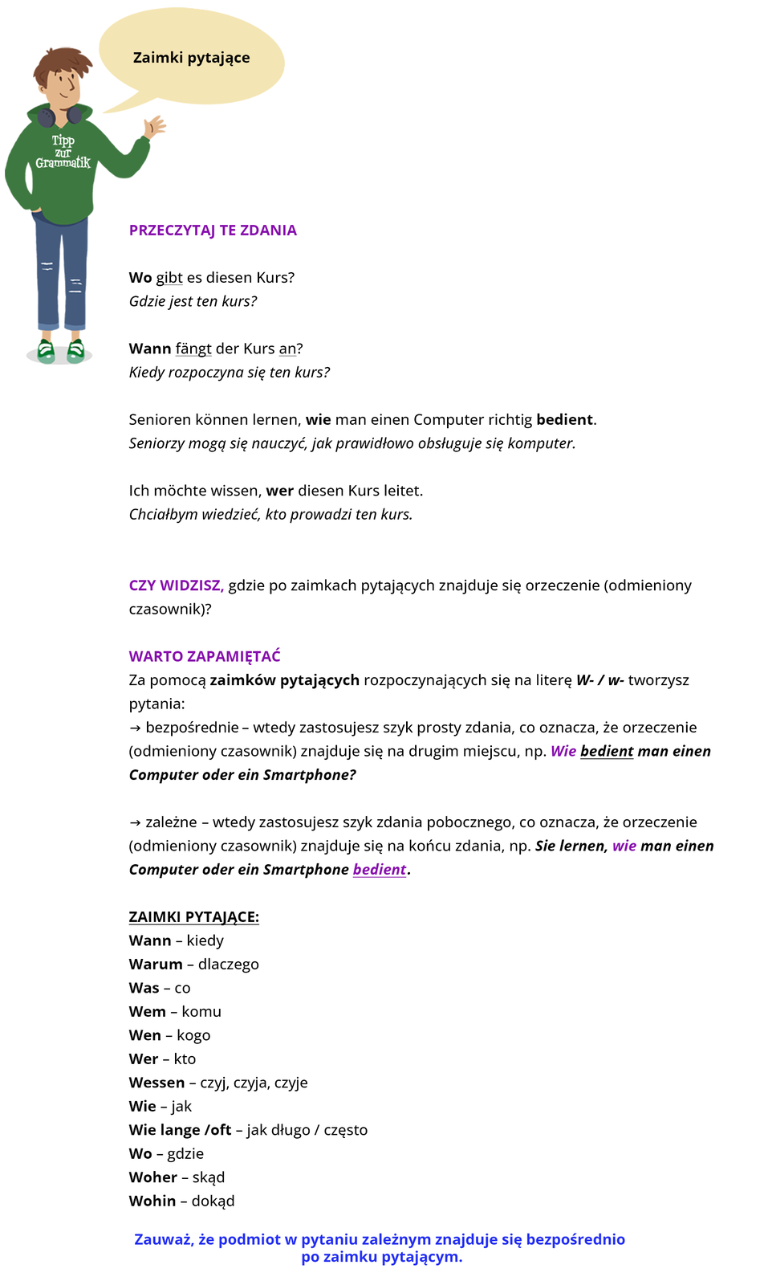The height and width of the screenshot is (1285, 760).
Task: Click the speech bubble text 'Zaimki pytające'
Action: (x=191, y=58)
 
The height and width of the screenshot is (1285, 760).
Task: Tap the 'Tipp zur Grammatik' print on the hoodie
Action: (x=63, y=152)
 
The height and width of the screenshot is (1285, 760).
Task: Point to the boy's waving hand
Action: (x=153, y=127)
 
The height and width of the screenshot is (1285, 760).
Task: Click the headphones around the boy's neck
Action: (x=59, y=116)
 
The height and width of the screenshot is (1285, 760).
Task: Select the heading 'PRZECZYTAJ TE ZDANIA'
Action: (x=213, y=230)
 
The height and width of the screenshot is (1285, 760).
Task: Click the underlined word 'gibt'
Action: (x=169, y=278)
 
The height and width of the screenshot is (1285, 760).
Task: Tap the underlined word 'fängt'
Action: (x=193, y=349)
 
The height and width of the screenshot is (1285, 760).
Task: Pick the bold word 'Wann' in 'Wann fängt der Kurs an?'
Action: (x=150, y=349)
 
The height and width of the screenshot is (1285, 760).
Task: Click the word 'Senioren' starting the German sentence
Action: (x=159, y=420)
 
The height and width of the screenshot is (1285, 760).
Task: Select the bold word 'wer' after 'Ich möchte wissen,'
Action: (x=279, y=491)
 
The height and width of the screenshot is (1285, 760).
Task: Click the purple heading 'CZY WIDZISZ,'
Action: (x=176, y=585)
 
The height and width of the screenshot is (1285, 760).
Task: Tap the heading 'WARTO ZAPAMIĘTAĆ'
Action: (x=205, y=656)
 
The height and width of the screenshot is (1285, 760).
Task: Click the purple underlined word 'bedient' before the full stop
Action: (x=380, y=870)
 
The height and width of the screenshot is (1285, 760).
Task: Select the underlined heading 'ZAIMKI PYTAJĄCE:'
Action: (x=193, y=917)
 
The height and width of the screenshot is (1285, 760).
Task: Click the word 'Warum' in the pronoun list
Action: (x=156, y=965)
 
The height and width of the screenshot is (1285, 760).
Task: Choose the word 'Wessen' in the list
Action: (x=156, y=1083)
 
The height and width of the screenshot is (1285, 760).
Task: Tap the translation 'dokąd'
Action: (x=213, y=1201)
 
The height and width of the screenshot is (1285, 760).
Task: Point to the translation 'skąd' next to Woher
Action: (x=209, y=1177)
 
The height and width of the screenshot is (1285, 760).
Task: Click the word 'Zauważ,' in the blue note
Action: (x=163, y=1240)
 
